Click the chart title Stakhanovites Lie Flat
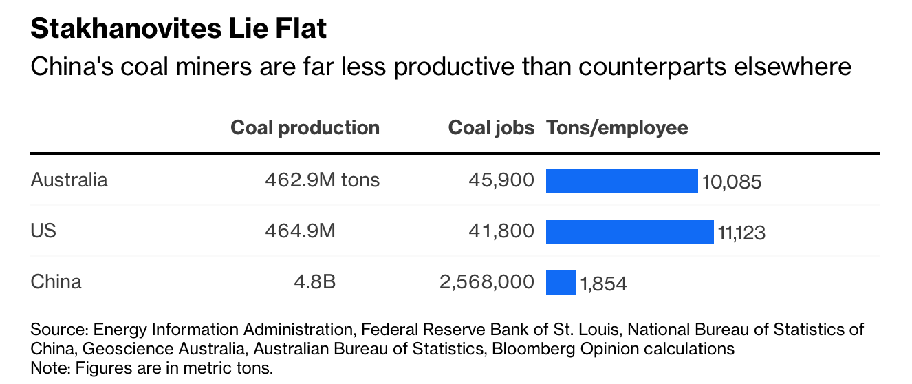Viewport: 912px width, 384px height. [x=179, y=29]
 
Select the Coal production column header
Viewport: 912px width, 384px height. [x=305, y=128]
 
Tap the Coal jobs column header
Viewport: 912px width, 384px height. [x=491, y=128]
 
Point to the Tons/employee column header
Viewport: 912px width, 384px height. [x=617, y=128]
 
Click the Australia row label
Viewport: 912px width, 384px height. [x=69, y=180]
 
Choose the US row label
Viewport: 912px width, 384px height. [x=43, y=231]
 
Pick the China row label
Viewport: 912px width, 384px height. [x=56, y=282]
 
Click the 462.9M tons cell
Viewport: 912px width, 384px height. [x=322, y=180]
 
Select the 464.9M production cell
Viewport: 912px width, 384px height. [x=300, y=231]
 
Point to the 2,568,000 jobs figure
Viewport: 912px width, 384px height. [x=486, y=282]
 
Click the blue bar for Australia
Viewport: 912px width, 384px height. [x=622, y=180]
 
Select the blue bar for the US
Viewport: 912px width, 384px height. [x=629, y=231]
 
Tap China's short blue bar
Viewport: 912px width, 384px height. [x=561, y=282]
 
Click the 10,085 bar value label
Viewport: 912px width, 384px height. [x=732, y=182]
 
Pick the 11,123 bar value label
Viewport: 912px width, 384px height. [x=741, y=233]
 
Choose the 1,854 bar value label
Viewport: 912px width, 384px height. [x=603, y=284]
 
